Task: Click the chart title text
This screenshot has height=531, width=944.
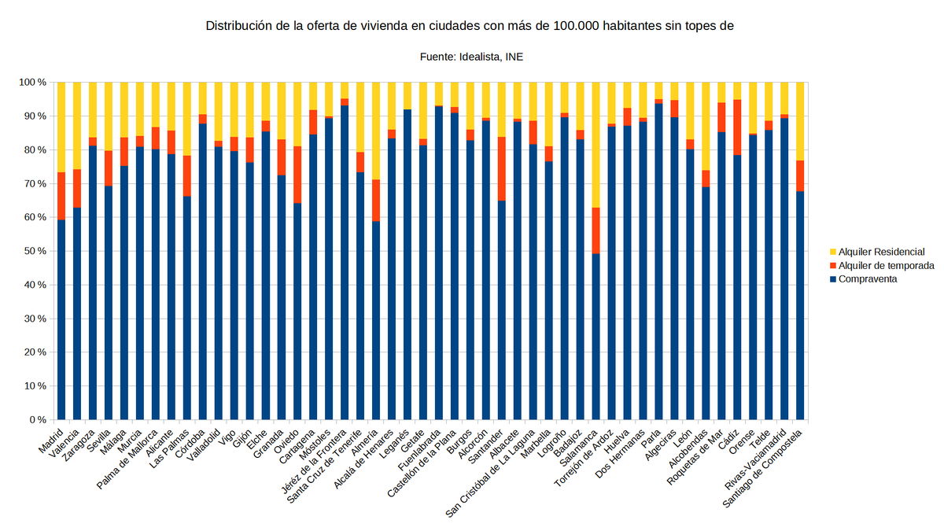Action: point(470,26)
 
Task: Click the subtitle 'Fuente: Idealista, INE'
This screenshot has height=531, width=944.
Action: point(470,57)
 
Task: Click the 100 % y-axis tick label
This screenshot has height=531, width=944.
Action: point(32,83)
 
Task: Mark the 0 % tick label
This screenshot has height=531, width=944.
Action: point(36,420)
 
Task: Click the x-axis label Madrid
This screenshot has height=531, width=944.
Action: point(52,437)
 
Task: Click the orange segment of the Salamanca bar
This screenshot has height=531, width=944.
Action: point(596,230)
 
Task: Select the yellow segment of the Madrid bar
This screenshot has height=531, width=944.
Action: point(61,127)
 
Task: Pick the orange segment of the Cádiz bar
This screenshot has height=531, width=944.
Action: point(737,127)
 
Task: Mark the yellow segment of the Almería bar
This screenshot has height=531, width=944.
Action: point(376,131)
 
